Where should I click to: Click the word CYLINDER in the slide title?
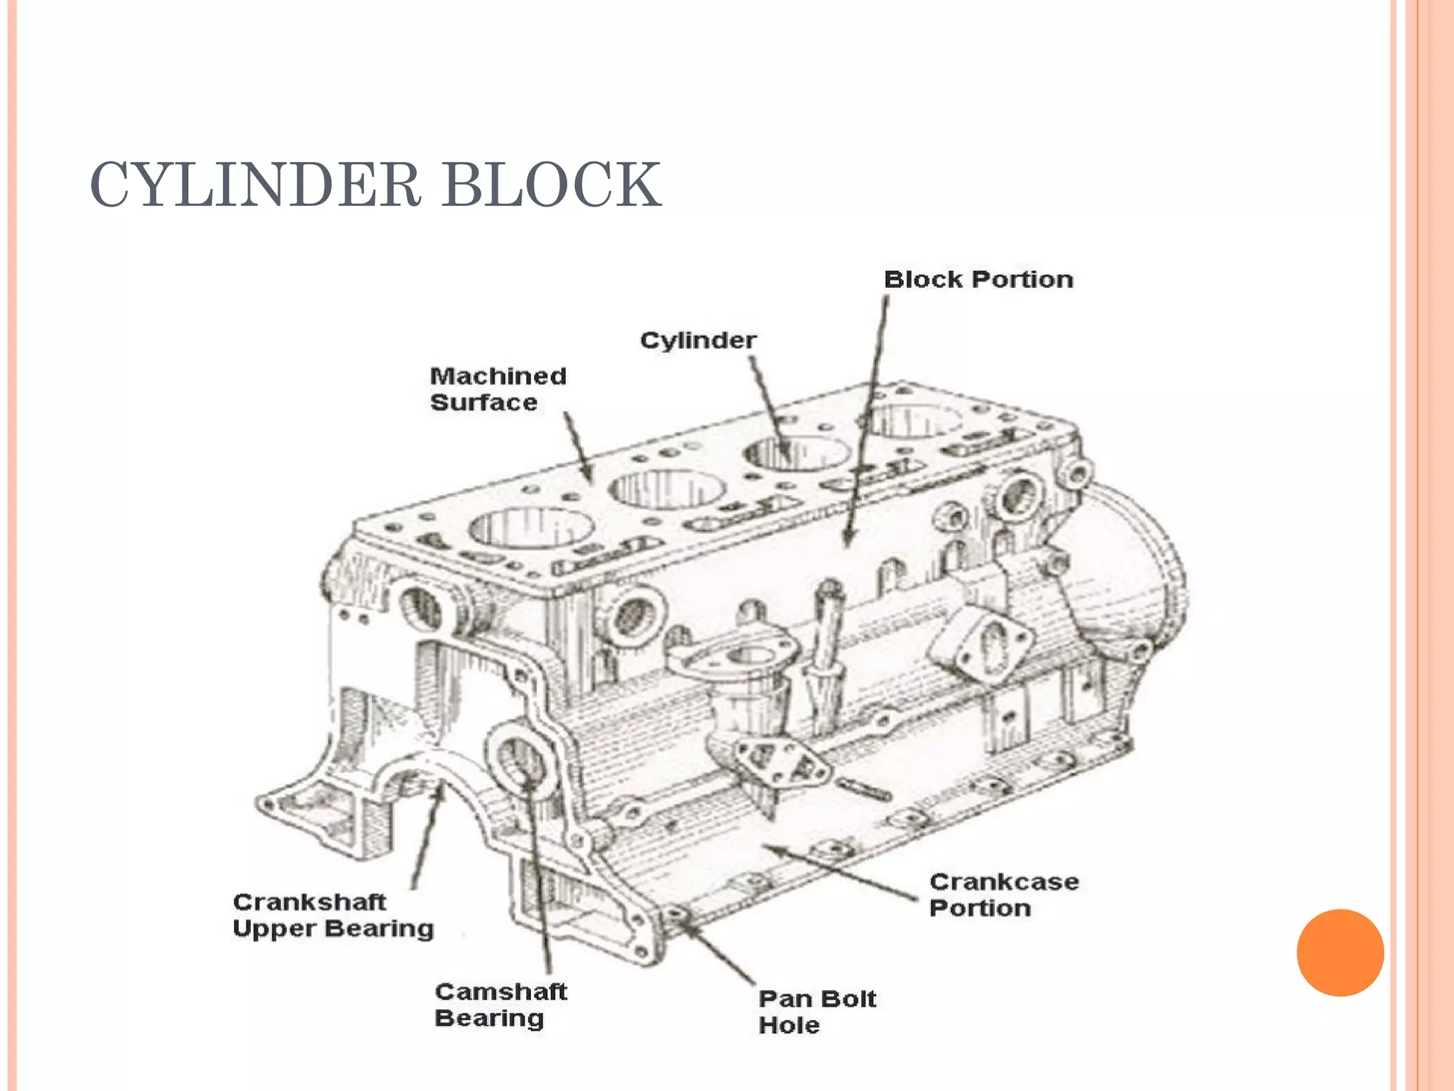click(256, 185)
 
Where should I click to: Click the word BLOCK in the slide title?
click(552, 185)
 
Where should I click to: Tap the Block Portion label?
click(978, 280)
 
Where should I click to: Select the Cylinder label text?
click(698, 340)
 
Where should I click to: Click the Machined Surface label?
click(497, 389)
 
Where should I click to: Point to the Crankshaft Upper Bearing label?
click(332, 916)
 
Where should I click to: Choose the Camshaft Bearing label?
click(500, 1004)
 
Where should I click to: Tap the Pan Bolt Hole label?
click(816, 1011)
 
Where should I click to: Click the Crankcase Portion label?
click(1003, 895)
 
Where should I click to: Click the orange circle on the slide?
click(1340, 952)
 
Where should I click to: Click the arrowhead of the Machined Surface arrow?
click(588, 477)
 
